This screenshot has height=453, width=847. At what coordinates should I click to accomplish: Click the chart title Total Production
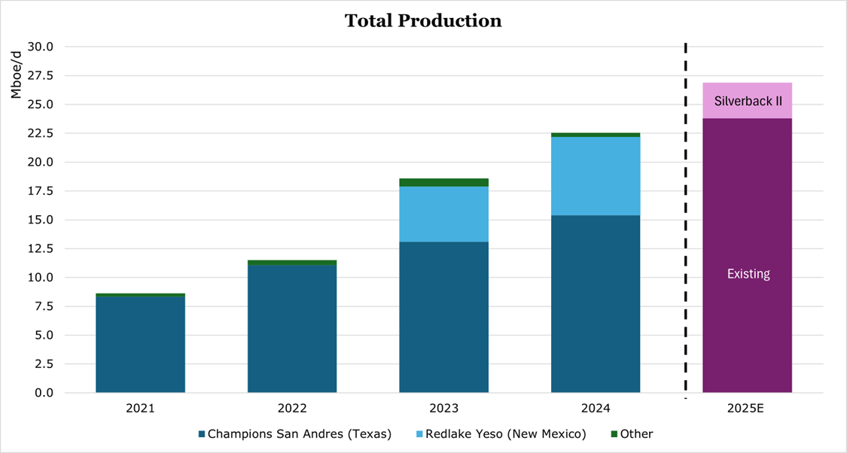[x=423, y=21]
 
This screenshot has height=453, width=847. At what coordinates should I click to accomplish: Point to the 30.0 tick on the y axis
[x=38, y=47]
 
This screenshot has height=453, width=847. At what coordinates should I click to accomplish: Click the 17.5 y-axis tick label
[x=38, y=191]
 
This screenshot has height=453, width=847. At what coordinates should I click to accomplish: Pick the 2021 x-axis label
[x=140, y=409]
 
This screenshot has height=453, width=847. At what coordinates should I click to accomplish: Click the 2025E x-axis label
[x=747, y=409]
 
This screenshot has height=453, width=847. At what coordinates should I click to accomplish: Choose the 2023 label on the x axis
[x=443, y=409]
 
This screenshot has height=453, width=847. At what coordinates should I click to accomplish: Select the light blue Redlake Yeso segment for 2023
[x=443, y=214]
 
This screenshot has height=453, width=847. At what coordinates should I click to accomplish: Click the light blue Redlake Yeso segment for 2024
[x=596, y=176]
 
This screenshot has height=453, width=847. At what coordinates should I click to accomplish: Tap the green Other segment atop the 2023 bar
[x=443, y=182]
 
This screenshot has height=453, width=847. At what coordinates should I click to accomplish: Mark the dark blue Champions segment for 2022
[x=292, y=329]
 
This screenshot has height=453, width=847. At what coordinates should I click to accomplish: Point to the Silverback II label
[x=747, y=101]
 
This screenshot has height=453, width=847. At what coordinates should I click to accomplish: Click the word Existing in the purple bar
[x=748, y=274]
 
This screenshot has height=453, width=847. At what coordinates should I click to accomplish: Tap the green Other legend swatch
[x=614, y=434]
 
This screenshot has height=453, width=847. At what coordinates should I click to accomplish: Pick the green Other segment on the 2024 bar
[x=596, y=135]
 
